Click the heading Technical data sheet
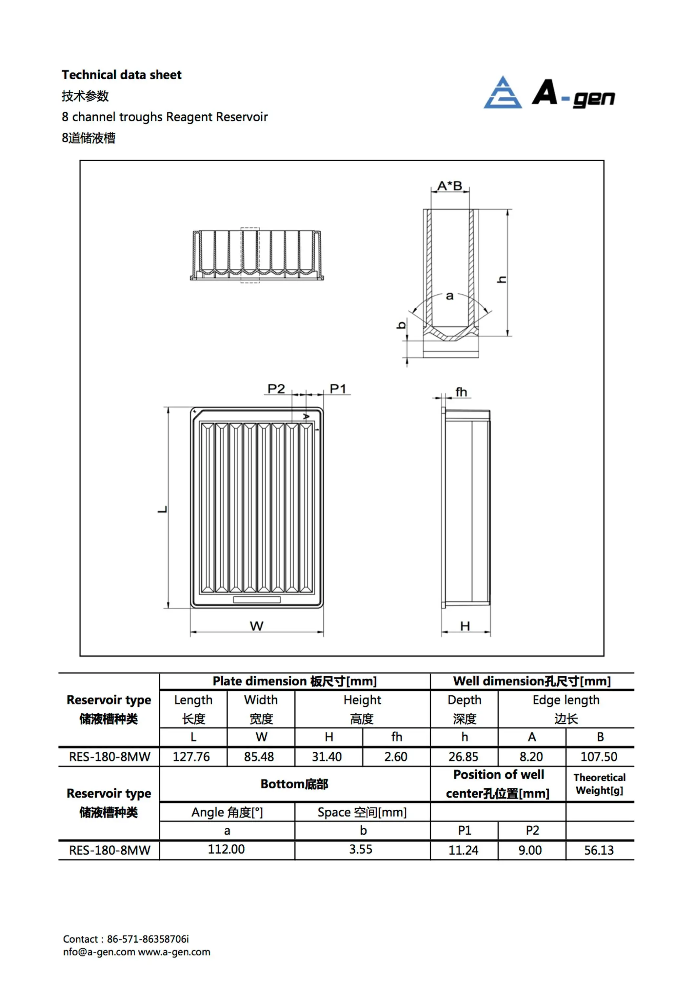[122, 75]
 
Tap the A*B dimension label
[450, 186]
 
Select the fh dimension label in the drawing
[461, 392]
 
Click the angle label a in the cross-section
[450, 296]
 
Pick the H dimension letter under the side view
[465, 626]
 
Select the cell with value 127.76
[191, 757]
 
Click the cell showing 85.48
[259, 757]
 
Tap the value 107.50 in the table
[599, 757]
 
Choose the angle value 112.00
[226, 849]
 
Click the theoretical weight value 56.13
[599, 850]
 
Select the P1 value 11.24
[463, 850]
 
